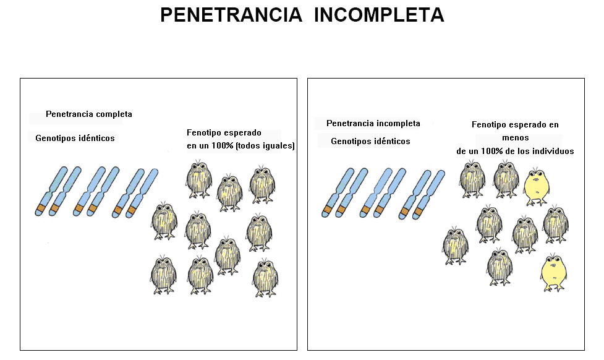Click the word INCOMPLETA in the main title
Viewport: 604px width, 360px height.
click(378, 15)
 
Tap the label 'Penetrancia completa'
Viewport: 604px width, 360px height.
click(89, 114)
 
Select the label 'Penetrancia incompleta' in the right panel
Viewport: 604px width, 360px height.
click(373, 124)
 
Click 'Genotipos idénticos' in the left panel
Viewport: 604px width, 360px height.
click(75, 138)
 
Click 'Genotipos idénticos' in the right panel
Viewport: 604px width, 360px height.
click(370, 141)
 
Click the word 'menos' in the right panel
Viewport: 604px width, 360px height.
click(516, 138)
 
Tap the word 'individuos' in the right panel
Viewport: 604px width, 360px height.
click(550, 151)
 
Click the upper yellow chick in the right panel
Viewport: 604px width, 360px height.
click(535, 187)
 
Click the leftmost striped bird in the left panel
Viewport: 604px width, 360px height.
click(164, 220)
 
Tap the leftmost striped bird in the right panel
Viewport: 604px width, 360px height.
click(455, 246)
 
